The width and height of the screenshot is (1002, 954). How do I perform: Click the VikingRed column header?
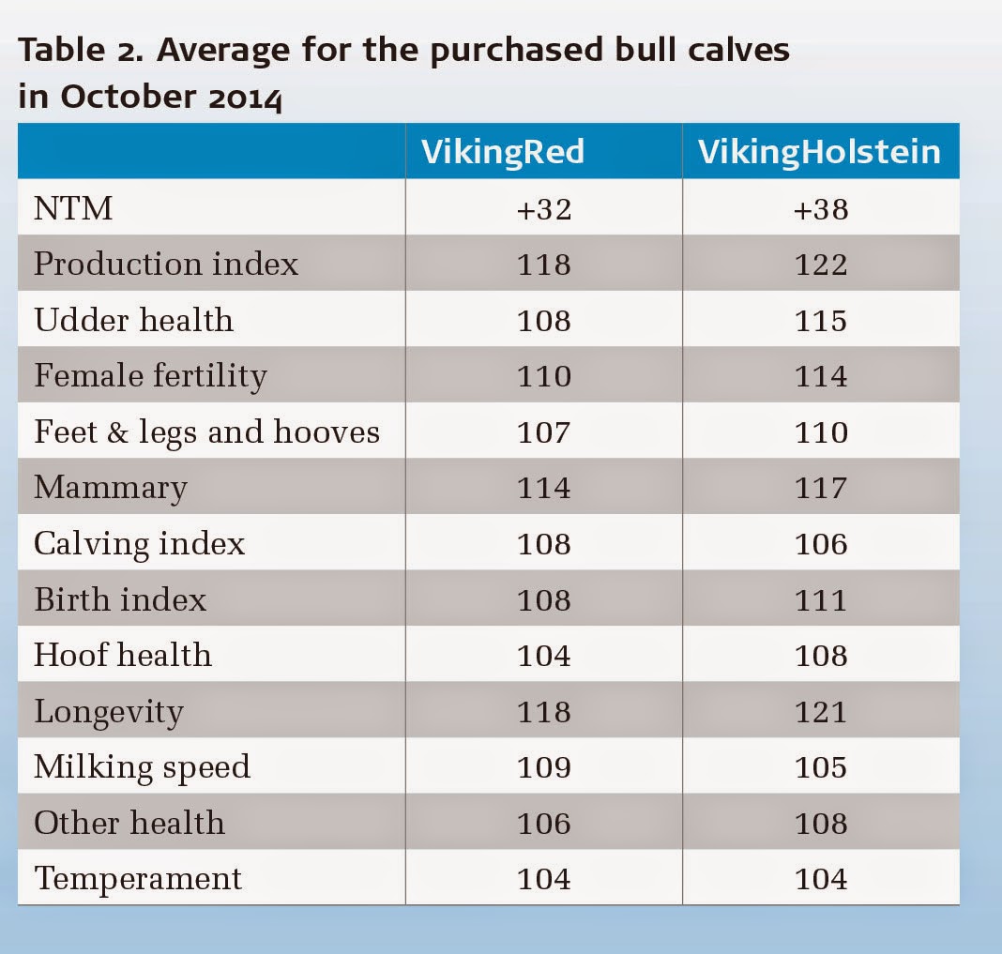coord(503,151)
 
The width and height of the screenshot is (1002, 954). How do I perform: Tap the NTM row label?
coord(73,208)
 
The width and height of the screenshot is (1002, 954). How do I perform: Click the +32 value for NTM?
coord(543,208)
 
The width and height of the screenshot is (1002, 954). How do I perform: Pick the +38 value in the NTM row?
coord(820,208)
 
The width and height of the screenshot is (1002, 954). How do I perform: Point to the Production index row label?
coord(166,264)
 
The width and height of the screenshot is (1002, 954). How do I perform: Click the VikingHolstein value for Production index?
coord(820,264)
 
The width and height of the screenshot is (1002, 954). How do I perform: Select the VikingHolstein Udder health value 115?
coord(820,320)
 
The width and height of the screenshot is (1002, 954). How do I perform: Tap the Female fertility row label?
coord(150,375)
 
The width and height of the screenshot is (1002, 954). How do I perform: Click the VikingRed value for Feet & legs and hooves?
coord(543,432)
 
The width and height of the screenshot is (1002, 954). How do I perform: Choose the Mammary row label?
coord(111,488)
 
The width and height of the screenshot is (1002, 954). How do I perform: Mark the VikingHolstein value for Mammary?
coord(820,488)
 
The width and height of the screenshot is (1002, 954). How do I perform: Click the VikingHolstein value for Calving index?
coord(820,543)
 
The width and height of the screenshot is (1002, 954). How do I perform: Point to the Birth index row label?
coord(120,599)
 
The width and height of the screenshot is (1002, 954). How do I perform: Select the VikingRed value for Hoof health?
coord(543,655)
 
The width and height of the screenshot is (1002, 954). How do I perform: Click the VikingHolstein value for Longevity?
coord(820,711)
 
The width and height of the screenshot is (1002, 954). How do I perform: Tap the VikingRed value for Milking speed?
coord(543,766)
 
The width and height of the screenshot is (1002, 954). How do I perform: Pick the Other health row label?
coord(129,823)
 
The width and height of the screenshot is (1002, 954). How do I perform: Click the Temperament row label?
coord(138,878)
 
